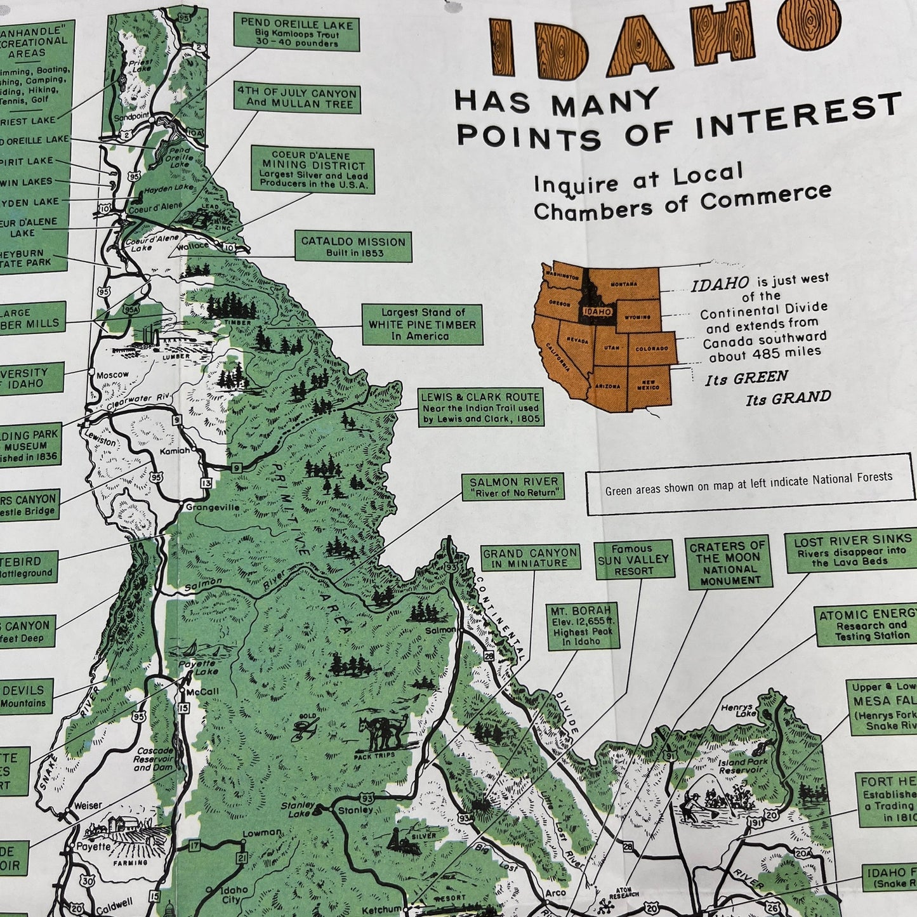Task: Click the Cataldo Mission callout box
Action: (x=353, y=246)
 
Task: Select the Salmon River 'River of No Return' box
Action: (x=513, y=487)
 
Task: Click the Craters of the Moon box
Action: (x=730, y=563)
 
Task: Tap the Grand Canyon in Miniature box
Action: (x=530, y=558)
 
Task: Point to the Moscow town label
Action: (x=112, y=375)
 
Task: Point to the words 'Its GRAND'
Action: (x=788, y=399)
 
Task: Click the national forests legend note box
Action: (x=749, y=484)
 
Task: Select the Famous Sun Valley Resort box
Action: (x=633, y=559)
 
